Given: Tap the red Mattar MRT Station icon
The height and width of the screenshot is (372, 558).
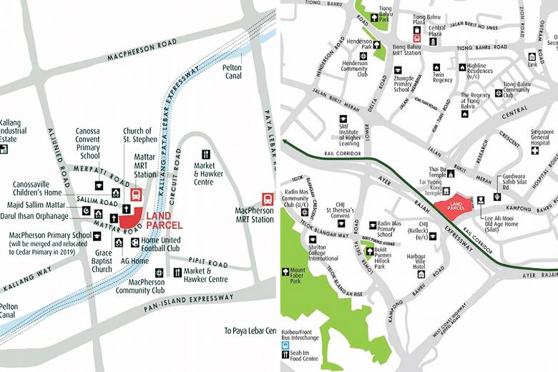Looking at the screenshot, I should [x=136, y=194].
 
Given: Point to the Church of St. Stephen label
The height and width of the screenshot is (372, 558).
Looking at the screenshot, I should [x=137, y=135].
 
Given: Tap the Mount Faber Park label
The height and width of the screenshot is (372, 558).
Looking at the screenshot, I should [x=298, y=276].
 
